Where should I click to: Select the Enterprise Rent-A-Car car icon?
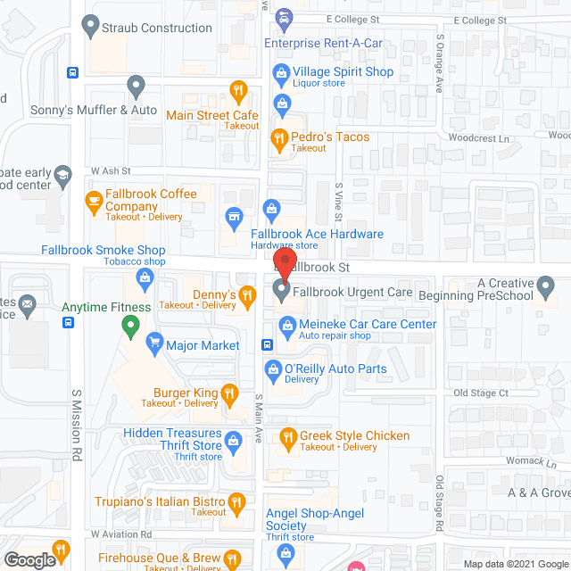click(283, 17)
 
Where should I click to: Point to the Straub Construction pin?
click(89, 27)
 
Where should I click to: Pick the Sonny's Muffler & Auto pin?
click(136, 87)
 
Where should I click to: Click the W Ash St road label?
click(111, 170)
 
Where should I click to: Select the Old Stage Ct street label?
click(480, 393)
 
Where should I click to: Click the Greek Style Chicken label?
click(354, 435)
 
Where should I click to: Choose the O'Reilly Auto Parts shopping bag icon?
click(274, 368)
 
